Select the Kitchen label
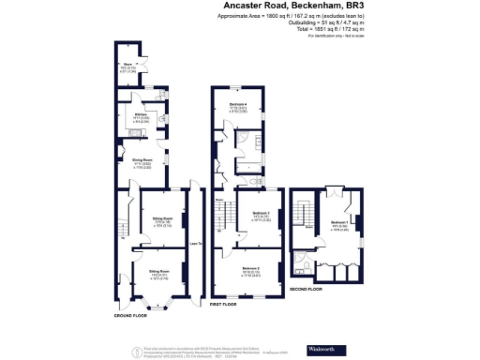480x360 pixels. click(x=128, y=116)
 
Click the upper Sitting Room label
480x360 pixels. click(x=162, y=221)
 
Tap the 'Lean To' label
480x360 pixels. click(x=195, y=245)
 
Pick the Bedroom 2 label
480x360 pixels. click(x=251, y=270)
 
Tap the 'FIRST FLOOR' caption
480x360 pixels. click(x=222, y=305)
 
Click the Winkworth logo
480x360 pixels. click(x=322, y=350)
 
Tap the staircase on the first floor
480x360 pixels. click(x=222, y=218)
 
